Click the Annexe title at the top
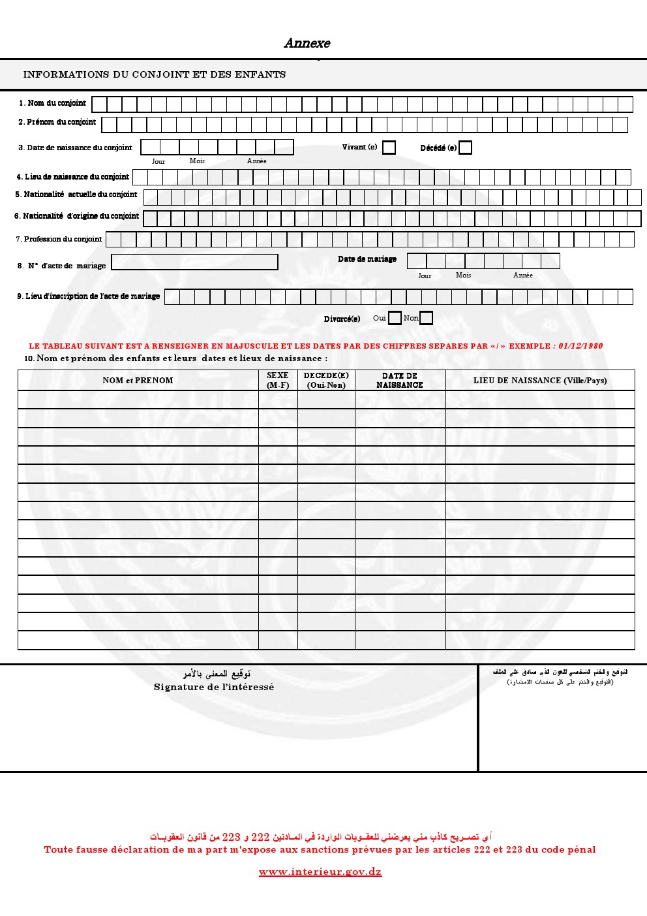[x=307, y=43]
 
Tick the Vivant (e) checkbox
[x=389, y=148]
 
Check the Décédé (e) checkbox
[x=465, y=148]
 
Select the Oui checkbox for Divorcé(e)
[x=395, y=318]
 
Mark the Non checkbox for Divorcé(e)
[x=426, y=318]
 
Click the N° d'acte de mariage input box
[x=194, y=262]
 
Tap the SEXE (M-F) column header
[x=278, y=380]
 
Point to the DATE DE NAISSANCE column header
[x=400, y=380]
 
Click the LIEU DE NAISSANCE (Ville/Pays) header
[x=540, y=380]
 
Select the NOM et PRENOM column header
[x=138, y=380]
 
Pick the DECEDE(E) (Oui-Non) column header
[x=326, y=380]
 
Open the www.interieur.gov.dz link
[x=320, y=872]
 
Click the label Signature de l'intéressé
[x=214, y=687]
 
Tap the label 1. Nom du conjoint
[x=52, y=103]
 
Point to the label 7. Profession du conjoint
[x=59, y=239]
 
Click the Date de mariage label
[x=367, y=259]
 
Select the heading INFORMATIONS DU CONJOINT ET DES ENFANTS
[x=155, y=74]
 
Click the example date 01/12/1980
[x=580, y=346]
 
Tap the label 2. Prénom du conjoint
[x=57, y=122]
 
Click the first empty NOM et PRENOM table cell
[x=138, y=400]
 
